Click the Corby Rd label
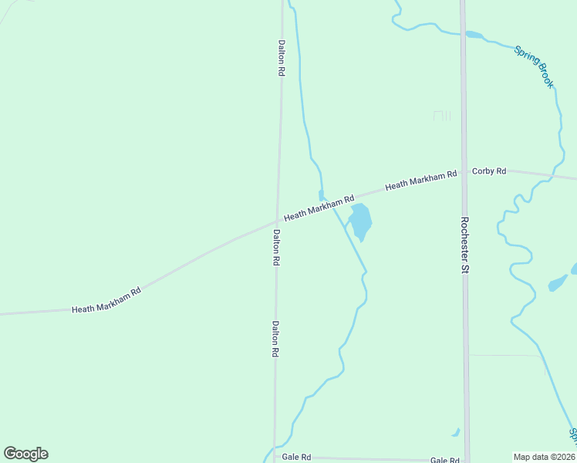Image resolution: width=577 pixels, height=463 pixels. click(x=489, y=171)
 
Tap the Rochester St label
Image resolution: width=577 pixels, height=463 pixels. click(x=464, y=245)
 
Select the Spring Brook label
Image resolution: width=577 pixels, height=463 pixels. click(x=535, y=66)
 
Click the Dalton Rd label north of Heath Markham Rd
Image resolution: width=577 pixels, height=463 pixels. click(x=282, y=57)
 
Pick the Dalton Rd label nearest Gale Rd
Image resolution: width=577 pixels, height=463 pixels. click(x=274, y=339)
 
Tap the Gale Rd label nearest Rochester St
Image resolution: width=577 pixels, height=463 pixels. click(x=444, y=460)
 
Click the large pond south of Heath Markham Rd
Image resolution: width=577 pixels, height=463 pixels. click(x=360, y=221)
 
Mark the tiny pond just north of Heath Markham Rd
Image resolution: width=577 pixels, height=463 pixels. click(x=321, y=194)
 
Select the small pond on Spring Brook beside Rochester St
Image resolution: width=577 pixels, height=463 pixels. click(x=474, y=35)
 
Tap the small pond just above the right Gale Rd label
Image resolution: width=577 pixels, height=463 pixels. click(x=457, y=432)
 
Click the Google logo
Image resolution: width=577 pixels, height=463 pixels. click(x=25, y=454)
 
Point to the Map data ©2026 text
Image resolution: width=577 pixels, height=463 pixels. click(x=545, y=457)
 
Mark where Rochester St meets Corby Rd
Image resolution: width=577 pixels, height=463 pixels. click(x=464, y=172)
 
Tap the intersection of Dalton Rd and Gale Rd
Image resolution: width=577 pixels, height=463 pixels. click(x=275, y=457)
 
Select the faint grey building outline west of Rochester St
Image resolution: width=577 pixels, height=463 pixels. click(x=441, y=116)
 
